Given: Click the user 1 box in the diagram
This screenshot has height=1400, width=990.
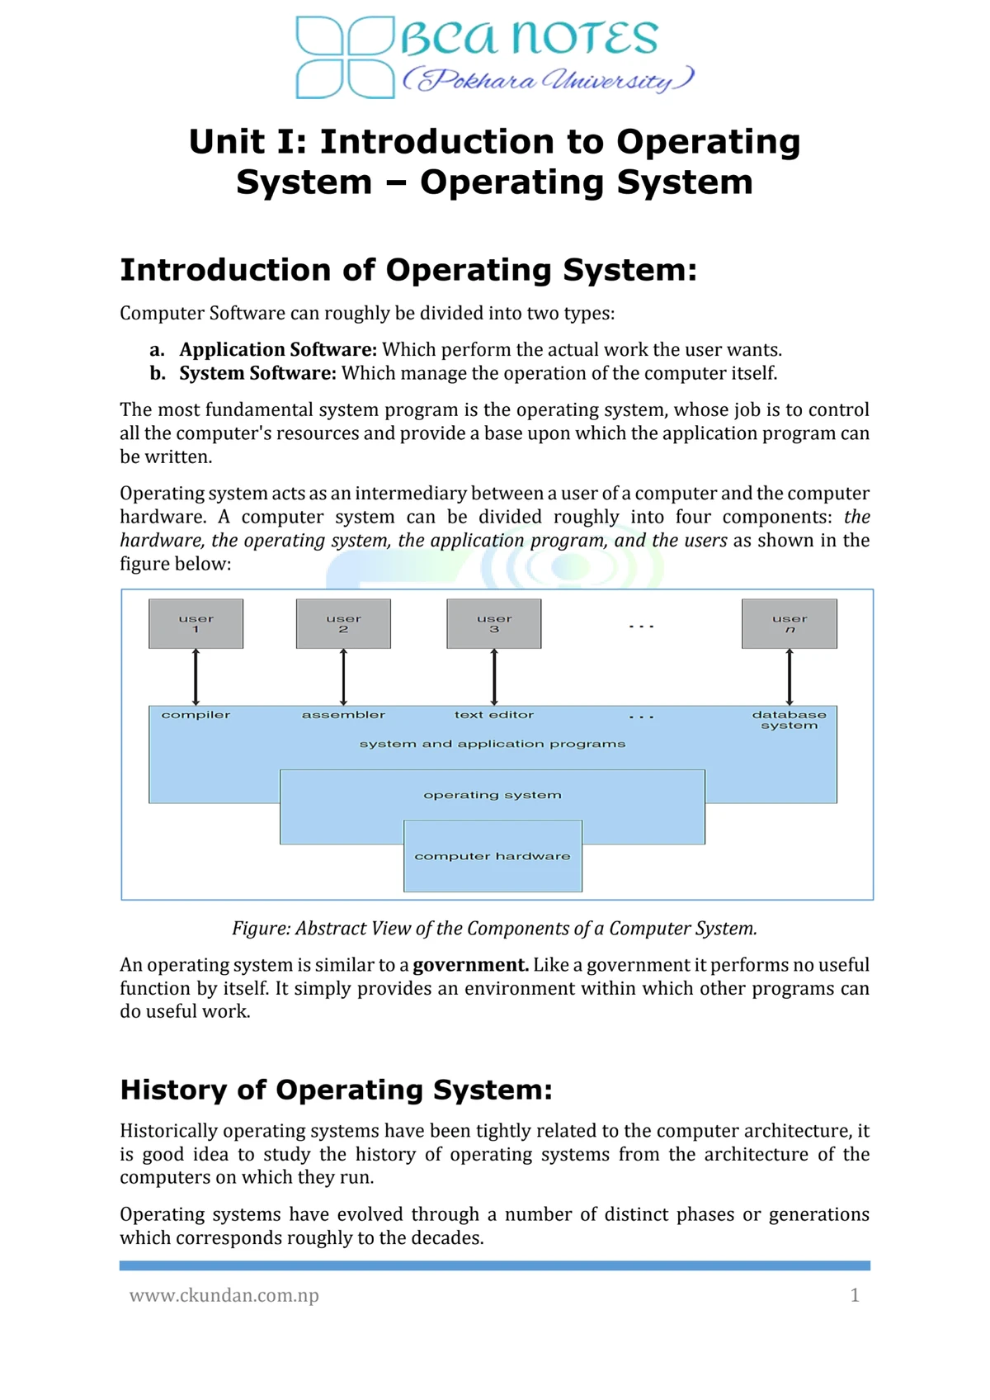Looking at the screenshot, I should (x=196, y=623).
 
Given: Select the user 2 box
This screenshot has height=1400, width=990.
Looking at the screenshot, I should (x=343, y=623).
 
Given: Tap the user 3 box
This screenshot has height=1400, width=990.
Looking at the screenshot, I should (x=494, y=623).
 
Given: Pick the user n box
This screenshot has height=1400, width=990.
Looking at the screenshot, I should (x=790, y=623).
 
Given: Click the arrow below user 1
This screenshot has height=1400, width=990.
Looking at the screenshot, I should (x=196, y=677).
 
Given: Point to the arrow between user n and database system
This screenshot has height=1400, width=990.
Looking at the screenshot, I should (x=790, y=677).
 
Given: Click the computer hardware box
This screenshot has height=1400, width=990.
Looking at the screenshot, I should (x=493, y=856).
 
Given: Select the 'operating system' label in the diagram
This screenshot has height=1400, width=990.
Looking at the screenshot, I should (x=493, y=795).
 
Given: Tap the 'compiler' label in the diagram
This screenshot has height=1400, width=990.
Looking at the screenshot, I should (x=196, y=715).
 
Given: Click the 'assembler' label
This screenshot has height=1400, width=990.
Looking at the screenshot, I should (x=343, y=715).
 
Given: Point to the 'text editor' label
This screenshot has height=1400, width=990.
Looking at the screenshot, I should (x=494, y=715).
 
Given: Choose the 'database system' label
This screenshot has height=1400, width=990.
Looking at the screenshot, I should (x=790, y=720).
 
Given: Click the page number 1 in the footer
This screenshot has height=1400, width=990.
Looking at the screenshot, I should (x=855, y=1295).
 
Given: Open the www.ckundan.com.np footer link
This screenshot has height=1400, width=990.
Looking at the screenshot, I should (x=224, y=1295).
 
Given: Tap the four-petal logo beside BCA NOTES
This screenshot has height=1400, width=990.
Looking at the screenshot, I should (x=345, y=57).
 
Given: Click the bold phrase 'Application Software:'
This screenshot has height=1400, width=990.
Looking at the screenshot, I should (x=278, y=349).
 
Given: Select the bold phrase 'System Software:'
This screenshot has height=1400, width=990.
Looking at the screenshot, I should (x=257, y=373).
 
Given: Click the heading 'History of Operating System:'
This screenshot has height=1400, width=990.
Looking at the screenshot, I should (x=336, y=1090).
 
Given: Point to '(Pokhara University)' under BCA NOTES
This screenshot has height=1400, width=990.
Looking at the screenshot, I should (x=548, y=80).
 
